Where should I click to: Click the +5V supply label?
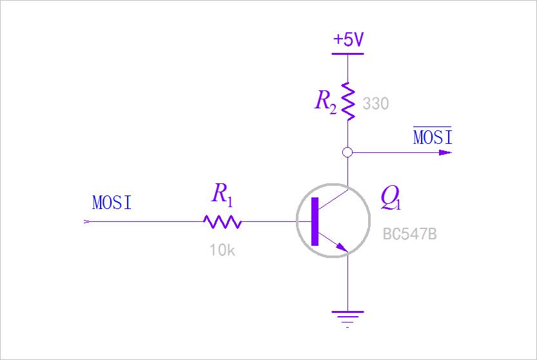[348, 40]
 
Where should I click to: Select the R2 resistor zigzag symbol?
[348, 100]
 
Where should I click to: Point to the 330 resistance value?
[376, 104]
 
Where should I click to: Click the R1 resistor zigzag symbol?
[222, 222]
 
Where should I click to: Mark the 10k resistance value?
[222, 250]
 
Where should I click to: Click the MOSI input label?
[112, 203]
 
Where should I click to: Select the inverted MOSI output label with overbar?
[433, 137]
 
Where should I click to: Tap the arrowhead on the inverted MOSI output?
[445, 153]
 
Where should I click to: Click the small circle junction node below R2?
[347, 153]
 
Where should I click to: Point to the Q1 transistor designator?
[391, 197]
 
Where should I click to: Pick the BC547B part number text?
[410, 234]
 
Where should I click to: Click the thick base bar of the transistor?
[315, 222]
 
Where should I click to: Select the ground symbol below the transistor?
[347, 317]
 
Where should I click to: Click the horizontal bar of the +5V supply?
[347, 53]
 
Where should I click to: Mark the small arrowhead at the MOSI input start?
[88, 222]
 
